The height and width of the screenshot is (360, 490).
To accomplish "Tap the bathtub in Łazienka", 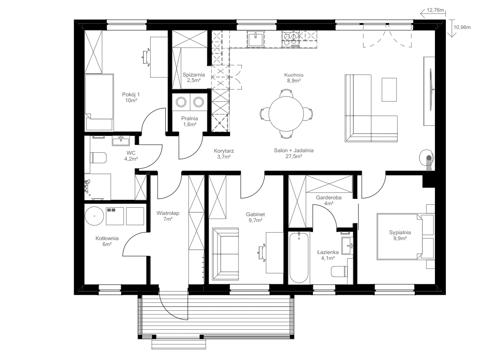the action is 299,257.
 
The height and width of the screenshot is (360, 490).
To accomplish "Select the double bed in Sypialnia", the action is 400,236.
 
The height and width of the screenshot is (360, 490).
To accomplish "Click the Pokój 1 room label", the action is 131,94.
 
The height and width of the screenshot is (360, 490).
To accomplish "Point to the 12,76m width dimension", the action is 435,10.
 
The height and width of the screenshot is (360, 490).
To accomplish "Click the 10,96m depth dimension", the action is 462,27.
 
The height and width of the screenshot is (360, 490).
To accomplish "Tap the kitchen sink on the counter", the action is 256,39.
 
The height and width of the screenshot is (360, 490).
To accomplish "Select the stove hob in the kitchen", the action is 291,39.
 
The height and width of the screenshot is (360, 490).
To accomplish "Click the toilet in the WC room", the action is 98,157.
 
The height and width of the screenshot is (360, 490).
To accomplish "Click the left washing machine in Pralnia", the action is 181,102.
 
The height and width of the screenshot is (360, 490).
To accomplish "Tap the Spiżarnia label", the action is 194,75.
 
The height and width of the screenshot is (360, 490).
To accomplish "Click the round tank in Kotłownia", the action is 94,216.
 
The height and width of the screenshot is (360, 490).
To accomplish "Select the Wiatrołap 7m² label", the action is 168,216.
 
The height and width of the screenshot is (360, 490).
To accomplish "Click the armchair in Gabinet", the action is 225,254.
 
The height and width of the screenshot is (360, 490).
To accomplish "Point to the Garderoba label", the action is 328,198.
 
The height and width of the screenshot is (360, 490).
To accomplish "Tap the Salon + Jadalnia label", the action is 294,150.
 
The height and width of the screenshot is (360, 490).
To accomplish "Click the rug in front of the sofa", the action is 389,90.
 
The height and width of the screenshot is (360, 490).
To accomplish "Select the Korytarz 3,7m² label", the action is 224,154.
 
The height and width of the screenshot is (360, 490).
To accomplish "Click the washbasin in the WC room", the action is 121,141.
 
